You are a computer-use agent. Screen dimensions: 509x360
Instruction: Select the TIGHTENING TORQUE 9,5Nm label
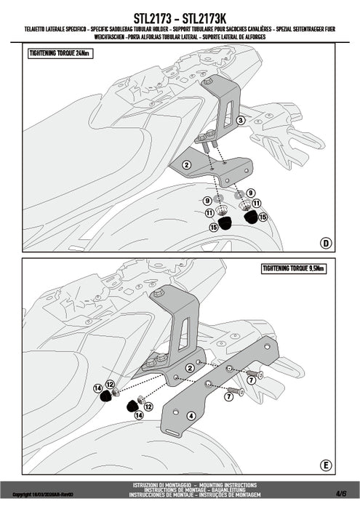click(x=295, y=269)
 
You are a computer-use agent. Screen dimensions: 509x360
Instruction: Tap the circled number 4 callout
click(x=191, y=416)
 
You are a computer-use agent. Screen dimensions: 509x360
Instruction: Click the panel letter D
click(x=326, y=241)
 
